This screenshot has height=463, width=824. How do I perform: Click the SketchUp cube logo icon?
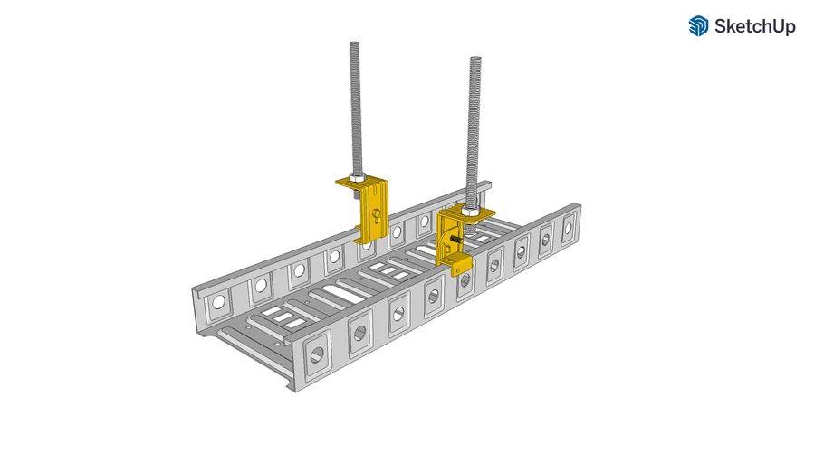pyautogui.click(x=698, y=26)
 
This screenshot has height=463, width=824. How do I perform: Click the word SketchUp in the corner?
pyautogui.click(x=755, y=27)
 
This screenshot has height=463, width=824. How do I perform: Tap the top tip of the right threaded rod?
pyautogui.click(x=474, y=60)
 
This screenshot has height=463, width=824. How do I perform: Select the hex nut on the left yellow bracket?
pyautogui.click(x=356, y=179)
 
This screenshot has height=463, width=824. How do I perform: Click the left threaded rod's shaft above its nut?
pyautogui.click(x=355, y=109)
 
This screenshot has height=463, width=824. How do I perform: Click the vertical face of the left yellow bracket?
pyautogui.click(x=375, y=213)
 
